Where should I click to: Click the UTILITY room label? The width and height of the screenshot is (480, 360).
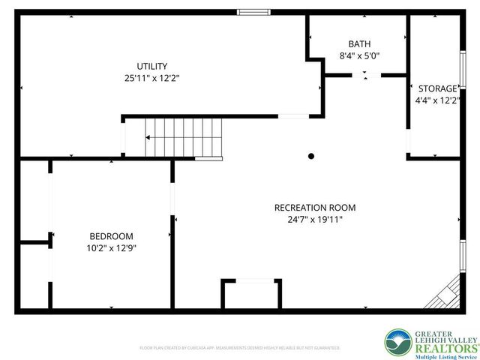point(151,66)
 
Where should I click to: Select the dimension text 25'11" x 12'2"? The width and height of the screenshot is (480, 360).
point(151,77)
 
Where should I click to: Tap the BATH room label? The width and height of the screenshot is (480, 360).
point(358,44)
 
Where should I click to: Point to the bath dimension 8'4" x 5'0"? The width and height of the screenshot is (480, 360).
point(358,55)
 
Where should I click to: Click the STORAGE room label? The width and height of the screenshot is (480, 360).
point(436,88)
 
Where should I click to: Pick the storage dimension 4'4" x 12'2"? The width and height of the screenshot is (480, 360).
point(436,100)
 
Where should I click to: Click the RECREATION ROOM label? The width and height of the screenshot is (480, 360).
point(315,208)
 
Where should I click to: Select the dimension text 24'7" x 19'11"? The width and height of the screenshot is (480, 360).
point(315,220)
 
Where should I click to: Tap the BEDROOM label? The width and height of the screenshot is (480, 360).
point(111,235)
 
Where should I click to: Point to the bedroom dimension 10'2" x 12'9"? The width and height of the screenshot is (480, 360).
point(111,247)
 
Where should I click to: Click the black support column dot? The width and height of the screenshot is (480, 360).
point(310,156)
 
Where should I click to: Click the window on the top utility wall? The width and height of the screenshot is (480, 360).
point(253,11)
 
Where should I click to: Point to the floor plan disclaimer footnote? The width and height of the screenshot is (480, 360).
point(240,348)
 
